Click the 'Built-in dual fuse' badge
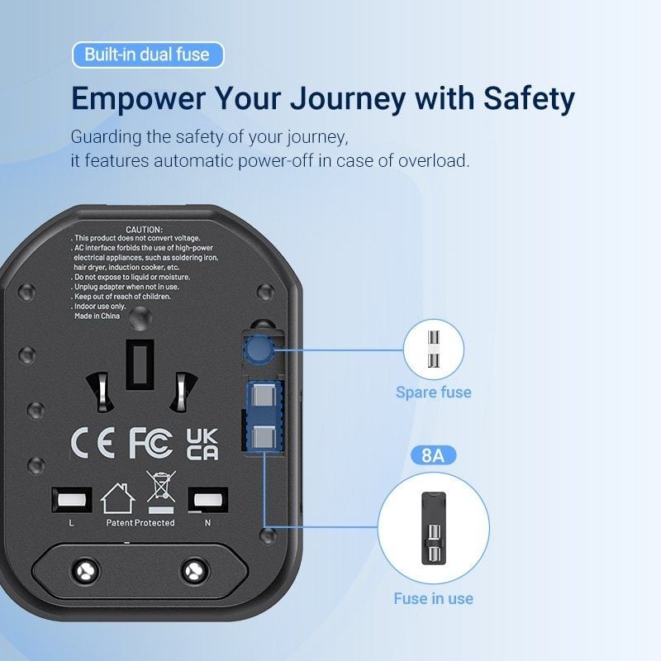pyautogui.click(x=147, y=55)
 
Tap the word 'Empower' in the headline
pyautogui.click(x=138, y=99)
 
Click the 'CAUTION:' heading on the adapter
pyautogui.click(x=144, y=229)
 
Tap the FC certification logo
pyautogui.click(x=151, y=443)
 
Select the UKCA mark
pyautogui.click(x=202, y=443)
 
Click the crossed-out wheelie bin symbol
pyautogui.click(x=159, y=487)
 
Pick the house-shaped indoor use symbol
pyautogui.click(x=117, y=498)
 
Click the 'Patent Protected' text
pyautogui.click(x=140, y=523)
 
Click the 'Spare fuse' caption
pyautogui.click(x=433, y=392)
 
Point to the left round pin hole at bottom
pyautogui.click(x=83, y=569)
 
